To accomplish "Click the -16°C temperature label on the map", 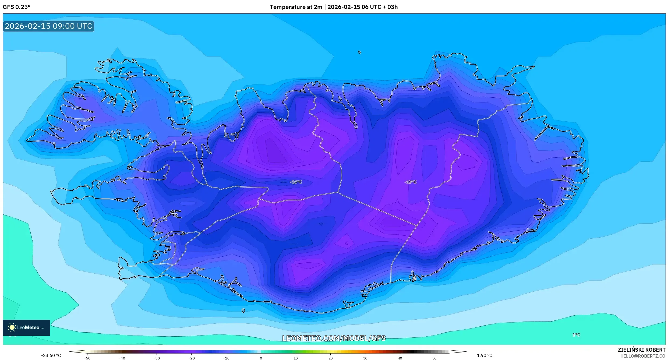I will click(296, 182).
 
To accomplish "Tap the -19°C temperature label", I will click(410, 182).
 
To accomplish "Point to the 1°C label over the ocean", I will click(576, 335).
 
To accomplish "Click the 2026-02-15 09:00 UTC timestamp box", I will click(48, 26).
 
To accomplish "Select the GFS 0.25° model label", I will click(16, 7).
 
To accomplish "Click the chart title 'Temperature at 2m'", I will click(296, 7).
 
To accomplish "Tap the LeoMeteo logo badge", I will click(26, 327).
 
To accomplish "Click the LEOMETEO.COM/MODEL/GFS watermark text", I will click(334, 338).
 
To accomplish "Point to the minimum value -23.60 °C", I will click(51, 355).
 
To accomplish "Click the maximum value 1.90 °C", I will click(484, 355).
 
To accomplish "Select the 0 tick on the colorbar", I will click(261, 358).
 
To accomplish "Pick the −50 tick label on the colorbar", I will click(87, 358).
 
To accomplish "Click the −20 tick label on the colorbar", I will click(191, 358).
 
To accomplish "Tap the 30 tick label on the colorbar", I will click(365, 358).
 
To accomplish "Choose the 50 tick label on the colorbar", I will click(434, 358).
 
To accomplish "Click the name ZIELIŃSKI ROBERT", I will click(641, 350).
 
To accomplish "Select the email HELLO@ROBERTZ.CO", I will click(642, 356).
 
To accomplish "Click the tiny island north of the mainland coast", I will click(360, 52).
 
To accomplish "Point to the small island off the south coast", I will click(243, 311).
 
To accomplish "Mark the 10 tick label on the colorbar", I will click(295, 358).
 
